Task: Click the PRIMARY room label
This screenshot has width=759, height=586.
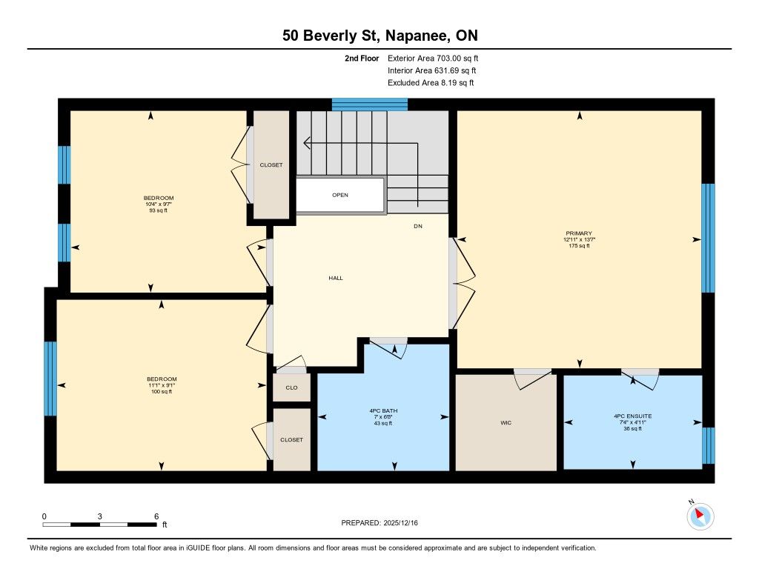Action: pos(578,233)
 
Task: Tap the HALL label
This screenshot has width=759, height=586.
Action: pos(336,278)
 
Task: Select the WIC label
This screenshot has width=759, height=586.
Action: pos(506,423)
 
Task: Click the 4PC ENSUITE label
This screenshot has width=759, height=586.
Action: pos(633,416)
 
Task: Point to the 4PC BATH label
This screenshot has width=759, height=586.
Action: pos(383,411)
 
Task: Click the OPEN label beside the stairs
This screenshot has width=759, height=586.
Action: pos(340,195)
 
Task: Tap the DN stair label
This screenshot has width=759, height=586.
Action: pos(418,226)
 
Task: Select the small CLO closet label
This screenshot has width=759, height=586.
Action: pos(291,387)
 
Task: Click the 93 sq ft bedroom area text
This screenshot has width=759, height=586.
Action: pos(159,210)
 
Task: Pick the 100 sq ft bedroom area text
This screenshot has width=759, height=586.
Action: pos(162,391)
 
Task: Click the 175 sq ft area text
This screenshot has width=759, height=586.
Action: pos(579,246)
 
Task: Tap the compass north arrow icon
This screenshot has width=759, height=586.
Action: pos(700,516)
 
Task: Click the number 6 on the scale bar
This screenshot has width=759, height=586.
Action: pos(156,516)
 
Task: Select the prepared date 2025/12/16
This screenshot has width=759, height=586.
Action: pos(400,522)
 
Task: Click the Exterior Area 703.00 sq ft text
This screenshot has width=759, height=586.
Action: pos(433,58)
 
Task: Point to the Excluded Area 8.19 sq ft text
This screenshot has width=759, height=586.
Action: pos(431,83)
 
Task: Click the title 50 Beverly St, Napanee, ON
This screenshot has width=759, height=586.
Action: pos(380,36)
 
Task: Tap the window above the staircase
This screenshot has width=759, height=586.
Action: pos(370,104)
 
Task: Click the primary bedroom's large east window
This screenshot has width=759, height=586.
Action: pos(708,238)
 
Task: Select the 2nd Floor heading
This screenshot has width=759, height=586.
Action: pos(362,58)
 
